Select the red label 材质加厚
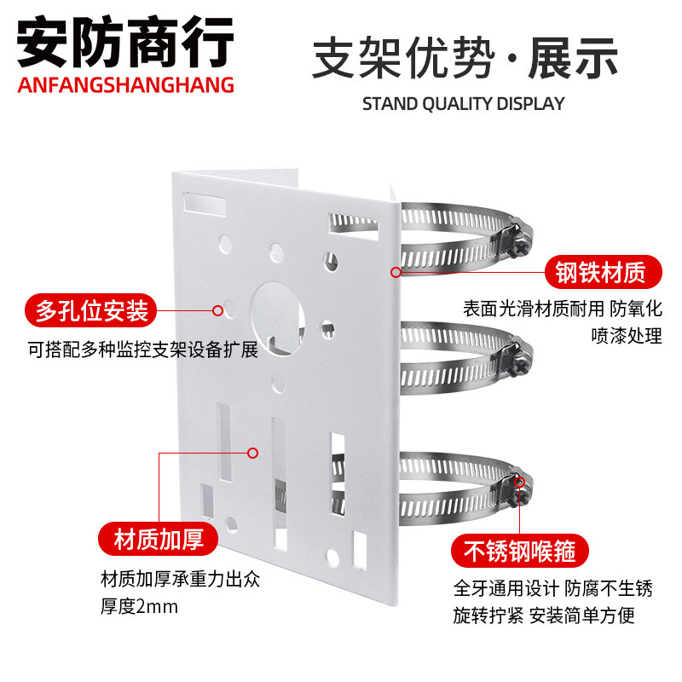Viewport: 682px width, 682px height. (x=156, y=540)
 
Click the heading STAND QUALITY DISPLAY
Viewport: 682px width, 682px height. (x=464, y=104)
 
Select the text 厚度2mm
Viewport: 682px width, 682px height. (x=142, y=608)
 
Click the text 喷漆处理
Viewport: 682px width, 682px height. (x=627, y=336)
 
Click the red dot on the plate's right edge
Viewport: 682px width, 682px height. (x=396, y=273)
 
